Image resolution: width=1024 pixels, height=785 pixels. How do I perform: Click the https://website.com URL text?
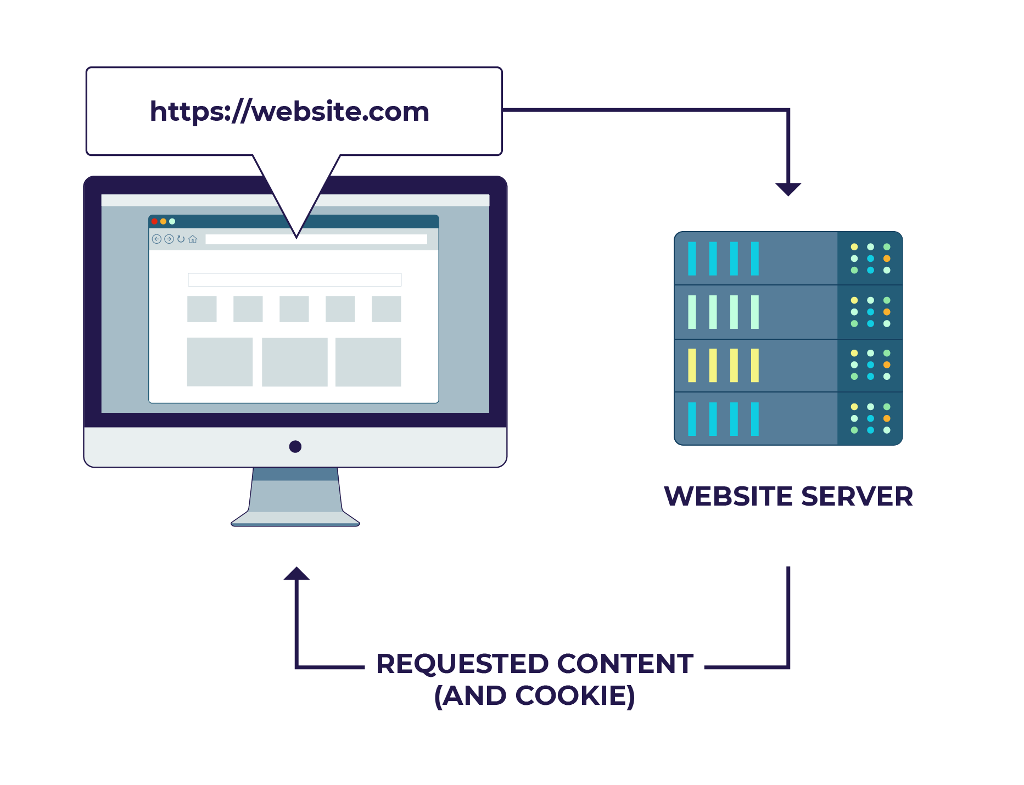coord(289,111)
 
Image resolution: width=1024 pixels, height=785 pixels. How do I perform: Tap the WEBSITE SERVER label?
coord(788,496)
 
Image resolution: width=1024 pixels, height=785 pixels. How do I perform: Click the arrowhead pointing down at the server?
coord(788,189)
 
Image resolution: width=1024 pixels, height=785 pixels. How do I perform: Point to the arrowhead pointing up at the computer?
coord(296,574)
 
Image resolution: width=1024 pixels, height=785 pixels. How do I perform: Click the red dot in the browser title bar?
coord(155,221)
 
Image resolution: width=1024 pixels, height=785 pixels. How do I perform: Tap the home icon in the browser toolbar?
coord(193,239)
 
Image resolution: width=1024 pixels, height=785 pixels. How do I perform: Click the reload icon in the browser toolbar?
coord(181,239)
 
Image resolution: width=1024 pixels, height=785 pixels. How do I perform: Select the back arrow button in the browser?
coord(156,239)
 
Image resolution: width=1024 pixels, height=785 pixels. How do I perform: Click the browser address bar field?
coord(316,239)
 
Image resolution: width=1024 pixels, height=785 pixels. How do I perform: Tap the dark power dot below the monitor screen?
coord(295,446)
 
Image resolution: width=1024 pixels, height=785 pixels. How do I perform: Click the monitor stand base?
coord(295,519)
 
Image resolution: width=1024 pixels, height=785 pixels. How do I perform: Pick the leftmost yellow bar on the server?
coord(692,365)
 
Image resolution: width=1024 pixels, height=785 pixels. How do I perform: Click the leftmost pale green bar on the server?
coord(692,312)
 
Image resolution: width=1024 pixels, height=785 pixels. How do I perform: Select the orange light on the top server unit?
coord(887,259)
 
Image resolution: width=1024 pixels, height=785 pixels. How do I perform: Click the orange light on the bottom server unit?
coord(887,418)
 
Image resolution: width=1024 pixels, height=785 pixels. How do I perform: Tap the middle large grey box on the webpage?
coord(295,362)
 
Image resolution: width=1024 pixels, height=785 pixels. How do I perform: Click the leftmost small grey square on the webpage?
coord(202,309)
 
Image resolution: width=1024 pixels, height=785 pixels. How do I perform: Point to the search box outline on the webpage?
coord(294,279)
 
